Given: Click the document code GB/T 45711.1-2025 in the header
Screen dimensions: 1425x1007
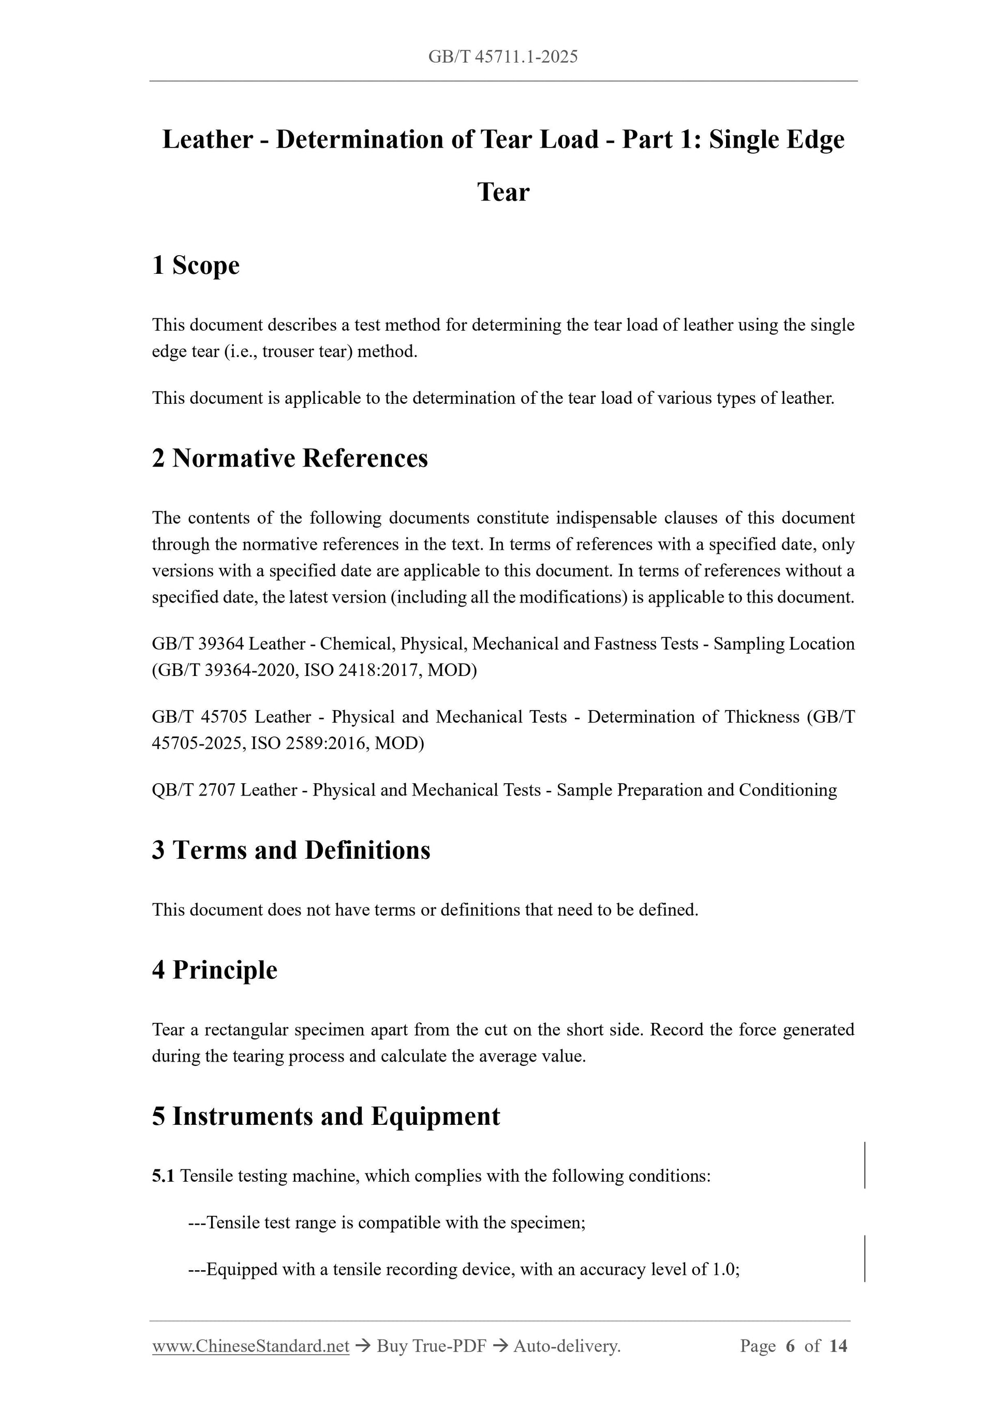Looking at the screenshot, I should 502,57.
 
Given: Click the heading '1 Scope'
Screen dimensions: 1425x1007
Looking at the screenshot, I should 196,265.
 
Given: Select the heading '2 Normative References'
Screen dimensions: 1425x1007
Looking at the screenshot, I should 290,458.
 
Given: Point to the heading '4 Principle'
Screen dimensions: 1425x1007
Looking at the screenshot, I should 215,969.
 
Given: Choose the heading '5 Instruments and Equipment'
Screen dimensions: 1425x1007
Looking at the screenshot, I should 325,1116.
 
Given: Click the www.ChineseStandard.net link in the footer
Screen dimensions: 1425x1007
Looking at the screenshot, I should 250,1346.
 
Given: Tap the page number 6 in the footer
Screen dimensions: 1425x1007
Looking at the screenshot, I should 790,1346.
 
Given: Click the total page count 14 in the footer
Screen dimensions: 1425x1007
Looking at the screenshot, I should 838,1346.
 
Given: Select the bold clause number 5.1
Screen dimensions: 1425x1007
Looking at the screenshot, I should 163,1176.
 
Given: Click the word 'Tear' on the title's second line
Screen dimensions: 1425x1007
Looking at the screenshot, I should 503,192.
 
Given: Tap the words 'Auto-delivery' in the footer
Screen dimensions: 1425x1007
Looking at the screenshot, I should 566,1346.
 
